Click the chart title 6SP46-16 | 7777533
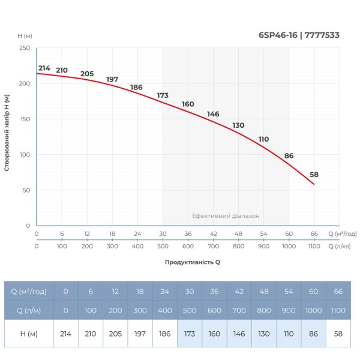coord(299,35)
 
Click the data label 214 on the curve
coord(44,68)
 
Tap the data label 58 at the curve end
coord(314,175)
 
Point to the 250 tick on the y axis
coord(25,48)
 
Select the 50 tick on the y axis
coord(26,190)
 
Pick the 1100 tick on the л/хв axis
coord(314,246)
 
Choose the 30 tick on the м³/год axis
coord(163,233)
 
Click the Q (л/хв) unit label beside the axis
coord(343,246)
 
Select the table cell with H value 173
coord(190,333)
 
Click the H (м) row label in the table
coord(29,333)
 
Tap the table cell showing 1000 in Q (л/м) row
coord(313,311)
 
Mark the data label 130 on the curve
coord(239,125)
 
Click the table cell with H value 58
coord(338,333)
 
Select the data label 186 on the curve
coord(136,88)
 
